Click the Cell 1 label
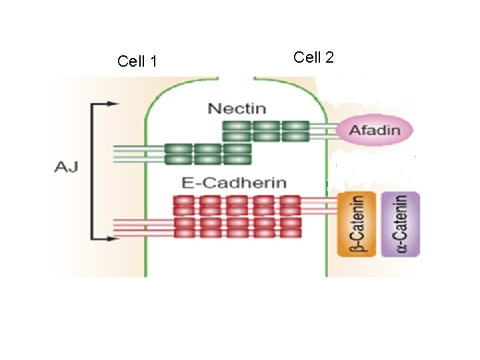(137, 62)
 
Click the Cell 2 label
(313, 57)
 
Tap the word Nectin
(237, 108)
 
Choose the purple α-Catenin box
(399, 225)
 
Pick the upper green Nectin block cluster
(266, 131)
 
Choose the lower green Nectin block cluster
(207, 153)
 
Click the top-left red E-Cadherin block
(184, 201)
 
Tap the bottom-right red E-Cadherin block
(291, 233)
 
